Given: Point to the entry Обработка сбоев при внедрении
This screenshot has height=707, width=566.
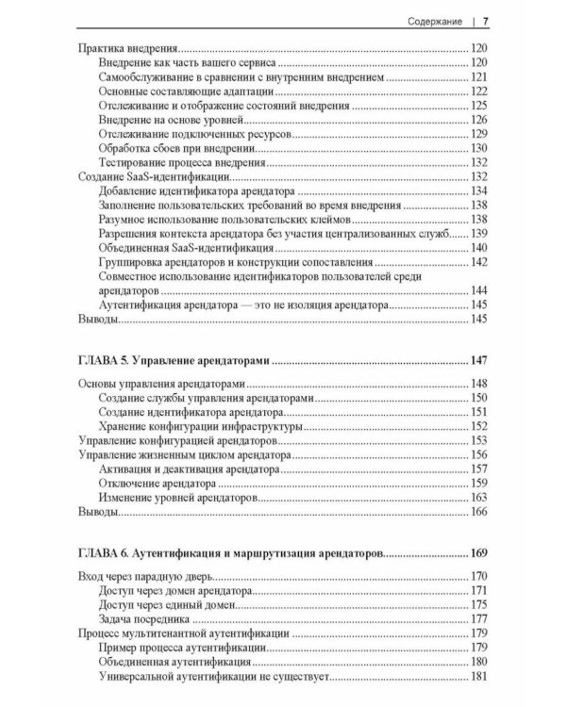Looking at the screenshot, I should coord(175,148).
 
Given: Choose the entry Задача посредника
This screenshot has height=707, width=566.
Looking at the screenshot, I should coord(144,619).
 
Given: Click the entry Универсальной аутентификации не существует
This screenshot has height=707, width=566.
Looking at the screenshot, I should coord(224,676).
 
